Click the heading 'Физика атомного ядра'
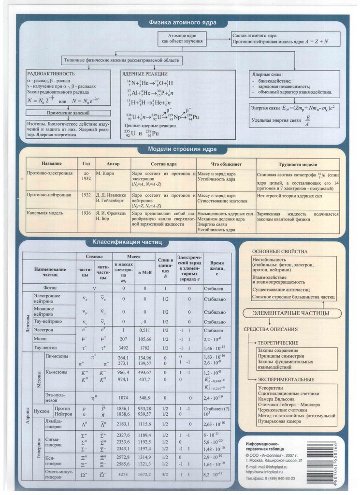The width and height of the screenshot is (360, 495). pos(182,22)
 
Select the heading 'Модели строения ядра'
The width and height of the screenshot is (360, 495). pos(182,150)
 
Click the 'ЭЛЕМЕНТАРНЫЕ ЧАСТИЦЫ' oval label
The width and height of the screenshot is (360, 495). pos(291,314)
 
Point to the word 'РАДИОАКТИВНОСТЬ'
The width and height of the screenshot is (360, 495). pos(51,73)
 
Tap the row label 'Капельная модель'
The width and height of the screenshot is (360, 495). pos(43,213)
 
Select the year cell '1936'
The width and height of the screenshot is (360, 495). pos(86,213)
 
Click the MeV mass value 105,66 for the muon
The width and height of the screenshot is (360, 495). pos(144,339)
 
